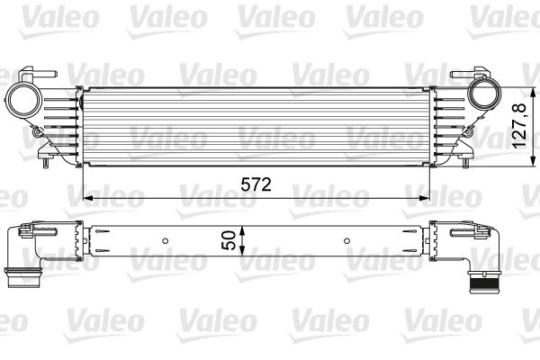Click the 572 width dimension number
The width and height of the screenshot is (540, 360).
(x=256, y=185)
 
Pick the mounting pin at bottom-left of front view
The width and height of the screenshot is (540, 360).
(x=45, y=162)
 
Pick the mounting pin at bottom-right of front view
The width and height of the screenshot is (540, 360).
(x=465, y=162)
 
